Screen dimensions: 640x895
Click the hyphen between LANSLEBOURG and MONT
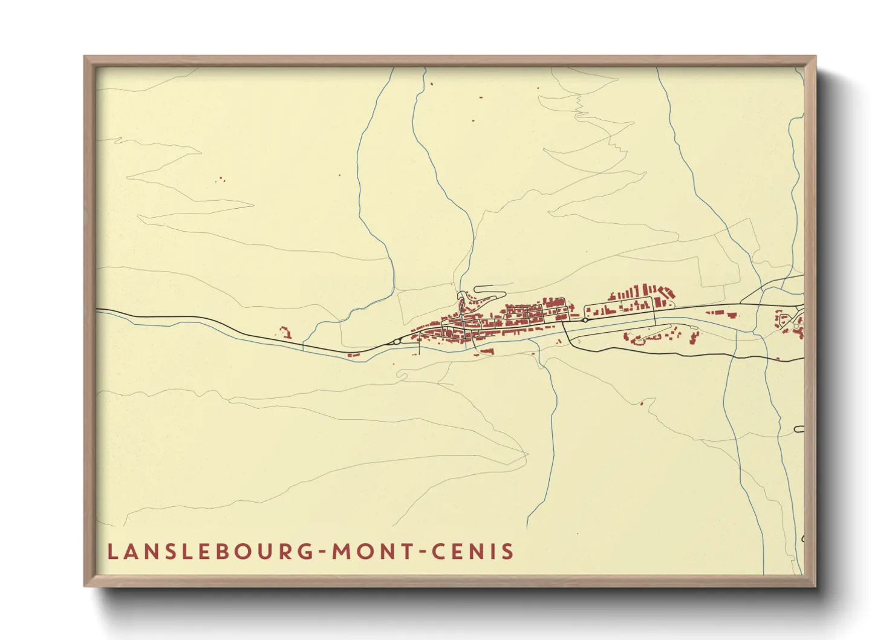point(324,552)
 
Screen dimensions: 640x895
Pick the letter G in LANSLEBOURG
point(307,552)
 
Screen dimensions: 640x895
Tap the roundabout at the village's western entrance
point(396,342)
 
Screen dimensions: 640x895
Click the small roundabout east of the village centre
point(585,320)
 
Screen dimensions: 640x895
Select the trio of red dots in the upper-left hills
point(220,180)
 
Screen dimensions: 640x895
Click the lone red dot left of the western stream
point(339,175)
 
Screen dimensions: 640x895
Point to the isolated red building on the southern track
point(643,402)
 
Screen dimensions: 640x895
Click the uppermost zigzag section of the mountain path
point(579,106)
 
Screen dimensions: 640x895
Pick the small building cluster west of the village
point(284,331)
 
